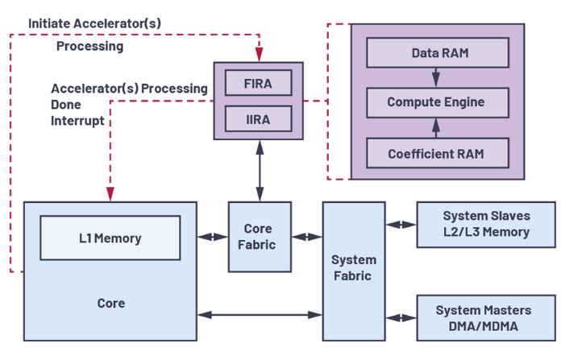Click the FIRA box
coord(258,83)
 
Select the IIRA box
coord(258,118)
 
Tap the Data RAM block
coord(438,52)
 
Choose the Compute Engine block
coord(438,102)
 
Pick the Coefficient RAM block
coord(438,153)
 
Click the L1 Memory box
coord(110,238)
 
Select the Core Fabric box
coord(260,237)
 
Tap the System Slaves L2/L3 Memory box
coord(486,225)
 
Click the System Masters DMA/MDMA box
coord(486,318)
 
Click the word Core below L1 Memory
coord(111,303)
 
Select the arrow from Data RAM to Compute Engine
coord(436,77)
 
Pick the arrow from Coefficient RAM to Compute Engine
coord(436,128)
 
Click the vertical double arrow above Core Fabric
coord(260,171)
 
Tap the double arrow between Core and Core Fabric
coord(213,237)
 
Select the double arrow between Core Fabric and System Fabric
coord(307,237)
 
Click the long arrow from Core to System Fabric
coord(260,315)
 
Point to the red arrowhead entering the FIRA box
coord(259,54)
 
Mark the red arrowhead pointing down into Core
coord(110,194)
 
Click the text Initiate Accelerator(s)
coord(95,23)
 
